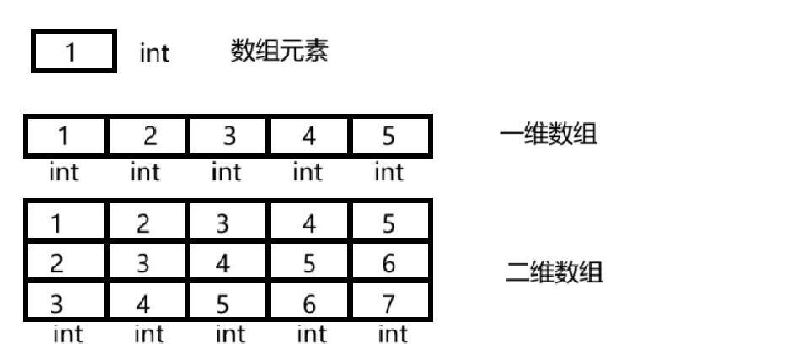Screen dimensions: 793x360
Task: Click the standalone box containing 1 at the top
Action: click(x=73, y=52)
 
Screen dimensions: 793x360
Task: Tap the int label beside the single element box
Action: click(x=154, y=54)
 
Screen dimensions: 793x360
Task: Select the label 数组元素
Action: click(x=279, y=52)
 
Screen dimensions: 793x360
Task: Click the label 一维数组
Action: click(x=549, y=135)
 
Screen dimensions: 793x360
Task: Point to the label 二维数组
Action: click(x=555, y=273)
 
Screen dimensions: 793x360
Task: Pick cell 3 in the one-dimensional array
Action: click(x=227, y=137)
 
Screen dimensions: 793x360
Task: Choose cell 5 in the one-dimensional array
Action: click(x=389, y=137)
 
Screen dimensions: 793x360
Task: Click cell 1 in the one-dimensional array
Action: click(x=64, y=137)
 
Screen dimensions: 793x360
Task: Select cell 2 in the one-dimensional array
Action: click(x=146, y=137)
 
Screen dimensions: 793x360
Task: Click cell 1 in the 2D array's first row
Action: click(x=64, y=223)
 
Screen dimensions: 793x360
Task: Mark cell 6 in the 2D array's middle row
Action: click(x=389, y=263)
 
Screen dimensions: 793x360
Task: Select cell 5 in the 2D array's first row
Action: click(x=389, y=223)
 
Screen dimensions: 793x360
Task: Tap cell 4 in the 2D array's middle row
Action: click(x=227, y=263)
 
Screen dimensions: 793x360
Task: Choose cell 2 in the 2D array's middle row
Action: click(x=64, y=263)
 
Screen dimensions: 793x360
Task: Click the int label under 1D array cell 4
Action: click(x=308, y=173)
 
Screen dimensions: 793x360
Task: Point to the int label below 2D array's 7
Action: click(x=392, y=335)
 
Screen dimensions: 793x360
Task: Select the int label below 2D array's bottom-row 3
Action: click(x=67, y=335)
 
